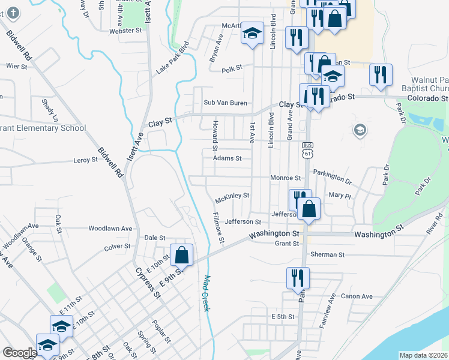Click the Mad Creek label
(x=206, y=293)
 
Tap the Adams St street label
(x=227, y=158)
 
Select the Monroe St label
(x=285, y=178)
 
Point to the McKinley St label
(x=232, y=196)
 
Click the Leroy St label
(x=85, y=160)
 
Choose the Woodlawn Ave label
(x=110, y=229)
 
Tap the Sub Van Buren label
(x=225, y=103)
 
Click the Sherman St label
(x=327, y=254)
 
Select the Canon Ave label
(x=357, y=296)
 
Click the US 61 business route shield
(x=308, y=151)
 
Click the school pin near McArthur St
(x=253, y=34)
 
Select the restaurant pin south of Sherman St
(x=297, y=278)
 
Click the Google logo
(x=20, y=353)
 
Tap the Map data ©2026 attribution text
(x=424, y=355)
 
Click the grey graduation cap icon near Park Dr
(x=360, y=130)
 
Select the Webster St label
(x=125, y=30)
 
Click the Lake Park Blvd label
(x=172, y=58)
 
